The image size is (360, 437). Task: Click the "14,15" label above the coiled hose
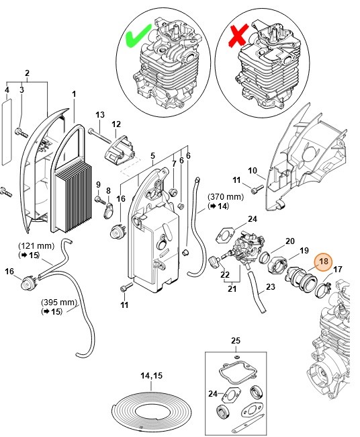coord(150,376)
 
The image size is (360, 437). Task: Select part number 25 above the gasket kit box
coord(236,340)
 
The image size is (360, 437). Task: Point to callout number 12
coord(116,124)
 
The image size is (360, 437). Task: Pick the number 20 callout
coord(289,241)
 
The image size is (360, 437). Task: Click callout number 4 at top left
coord(7,89)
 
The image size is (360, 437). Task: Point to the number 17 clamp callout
coord(338,270)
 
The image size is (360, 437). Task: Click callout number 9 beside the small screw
coord(98,185)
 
